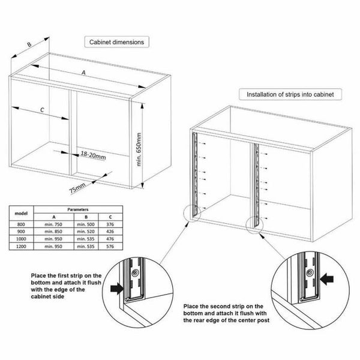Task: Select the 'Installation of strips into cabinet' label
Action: [290, 94]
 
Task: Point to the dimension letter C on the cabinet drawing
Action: [43, 110]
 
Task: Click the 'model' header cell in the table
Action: [21, 214]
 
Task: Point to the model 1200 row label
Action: [21, 246]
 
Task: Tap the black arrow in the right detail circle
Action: [328, 278]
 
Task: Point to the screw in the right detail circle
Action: [310, 272]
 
